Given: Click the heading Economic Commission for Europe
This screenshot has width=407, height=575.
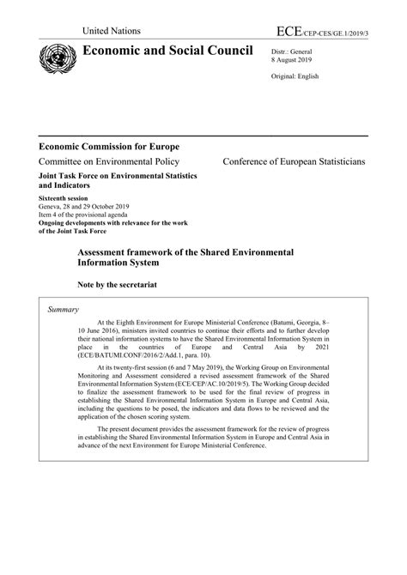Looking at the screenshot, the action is tap(115, 145).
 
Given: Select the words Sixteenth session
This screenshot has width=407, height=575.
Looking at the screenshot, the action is tap(64, 197).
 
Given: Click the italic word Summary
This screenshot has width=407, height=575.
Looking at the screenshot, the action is tap(64, 309).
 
